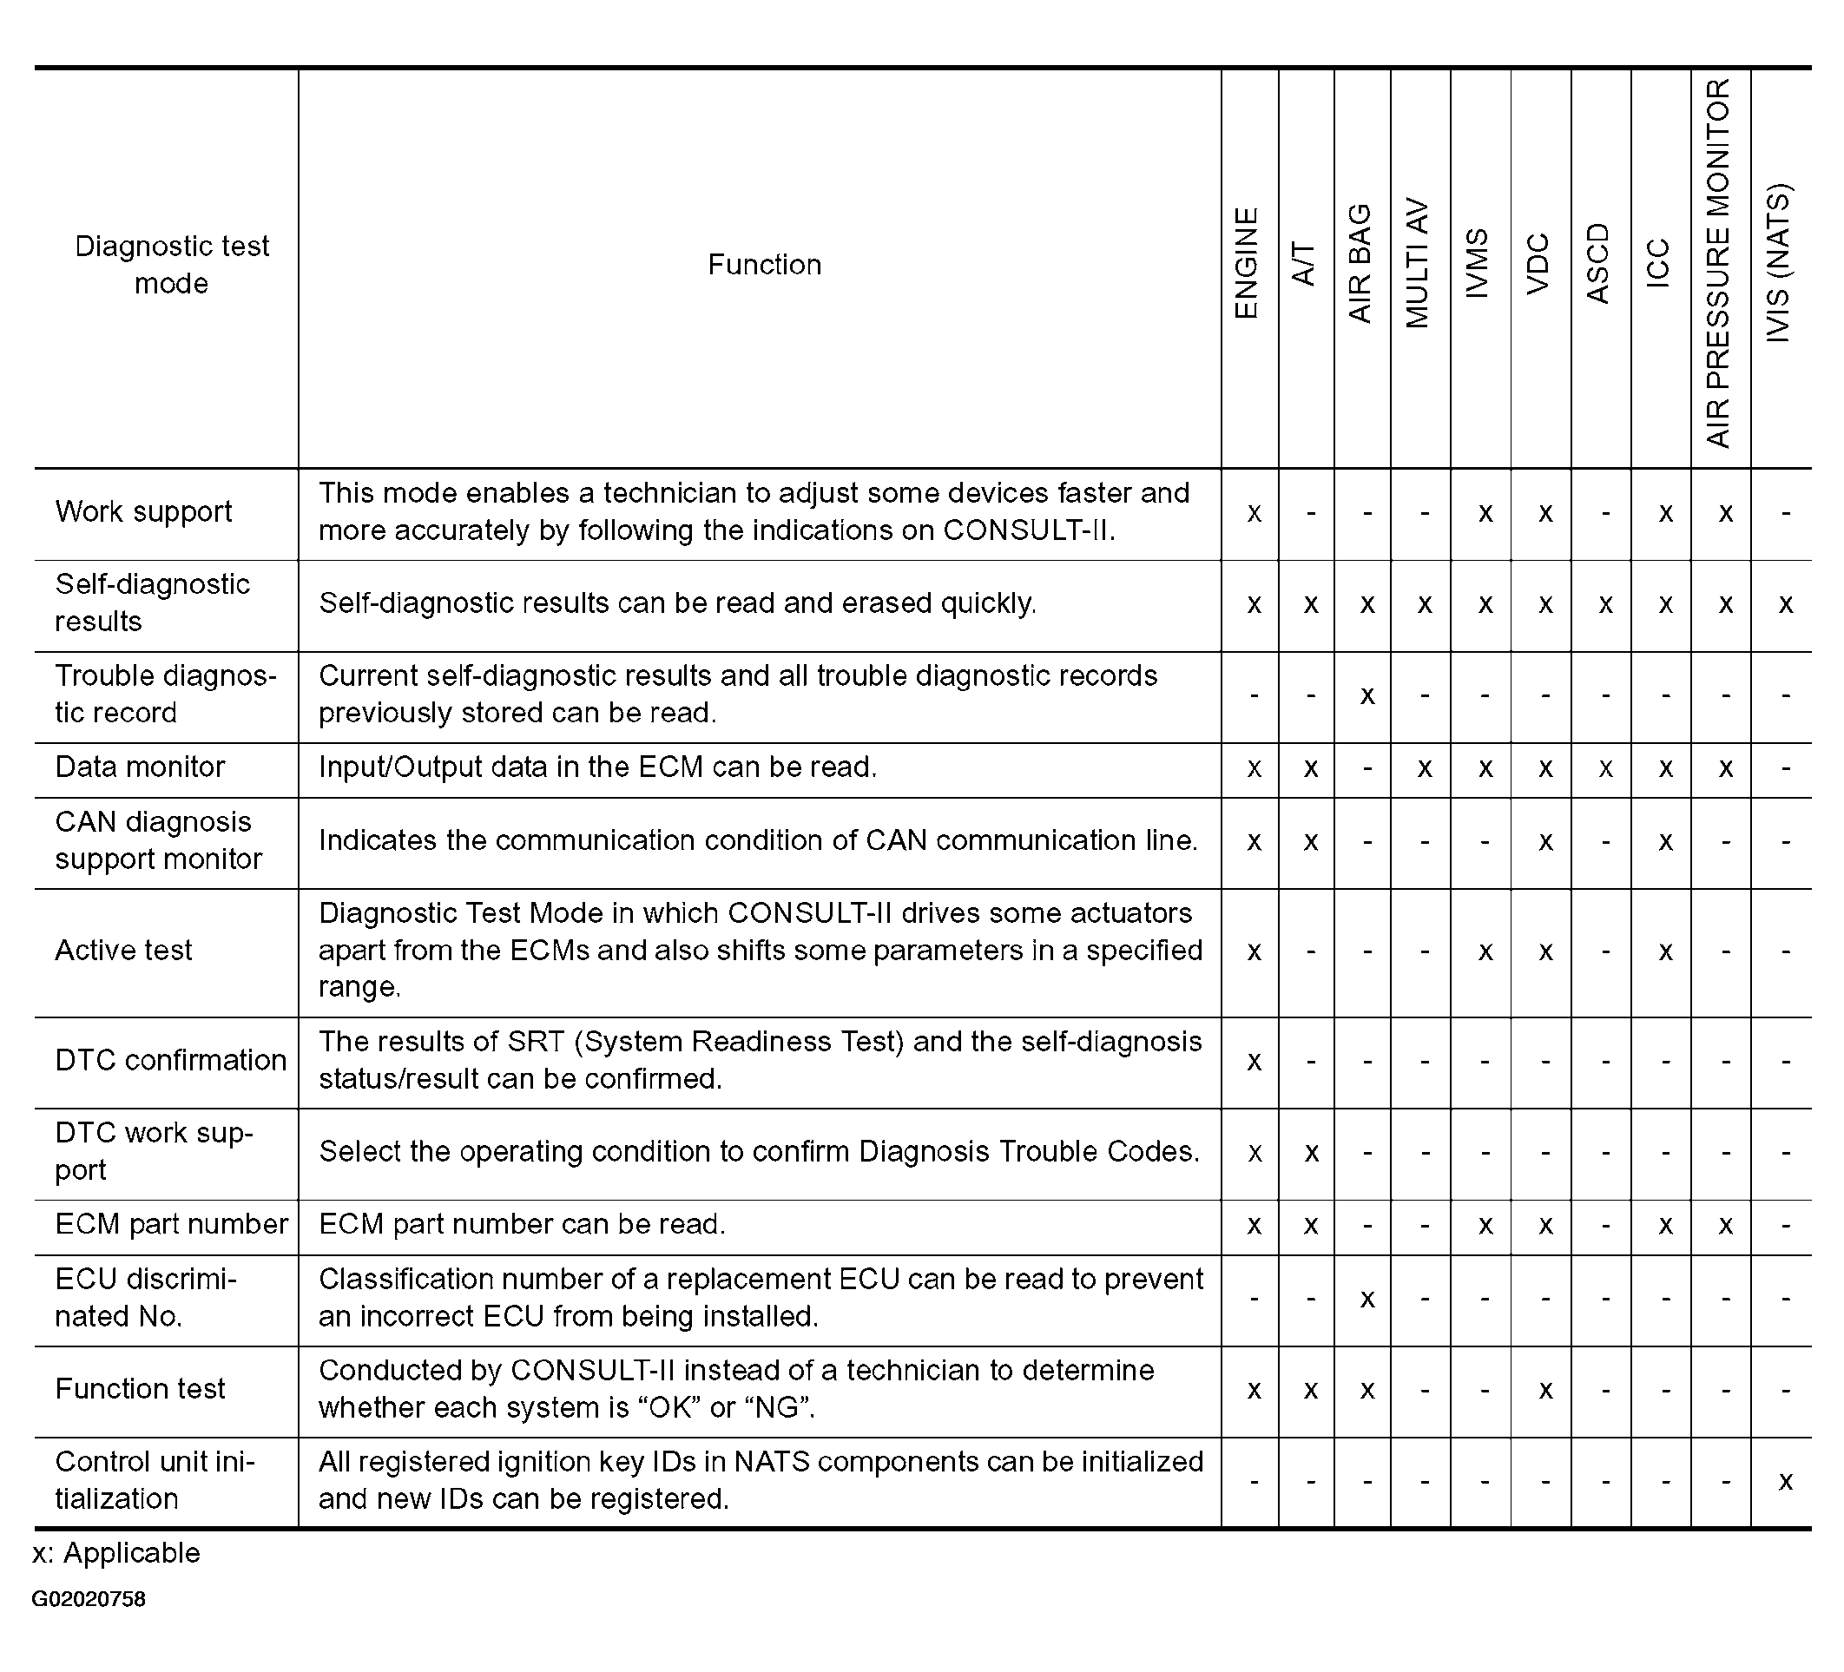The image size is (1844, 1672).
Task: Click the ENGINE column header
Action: [1247, 263]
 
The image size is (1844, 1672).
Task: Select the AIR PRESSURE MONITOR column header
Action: [1719, 263]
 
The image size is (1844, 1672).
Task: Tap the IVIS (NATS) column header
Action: [1779, 263]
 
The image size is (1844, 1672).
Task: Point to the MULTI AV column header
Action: [1417, 263]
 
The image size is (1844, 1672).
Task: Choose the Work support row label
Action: [143, 511]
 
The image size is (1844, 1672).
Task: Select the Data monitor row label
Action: [140, 767]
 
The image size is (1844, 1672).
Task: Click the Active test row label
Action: [123, 951]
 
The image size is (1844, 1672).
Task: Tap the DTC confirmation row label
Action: [171, 1060]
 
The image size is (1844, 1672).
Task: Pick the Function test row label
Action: [140, 1388]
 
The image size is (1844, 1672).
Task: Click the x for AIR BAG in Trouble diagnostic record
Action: [1367, 696]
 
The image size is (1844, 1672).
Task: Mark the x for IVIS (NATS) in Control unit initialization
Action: [1785, 1481]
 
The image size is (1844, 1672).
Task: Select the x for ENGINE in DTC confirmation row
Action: [1254, 1062]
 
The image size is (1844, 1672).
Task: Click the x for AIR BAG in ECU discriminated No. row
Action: [1367, 1299]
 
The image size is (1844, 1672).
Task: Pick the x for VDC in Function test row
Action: [1544, 1390]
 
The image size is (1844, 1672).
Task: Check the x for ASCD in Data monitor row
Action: [1605, 768]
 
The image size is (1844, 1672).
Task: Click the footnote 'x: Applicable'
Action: [116, 1553]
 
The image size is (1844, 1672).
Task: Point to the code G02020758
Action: [89, 1599]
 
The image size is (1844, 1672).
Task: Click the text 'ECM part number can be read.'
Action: [522, 1224]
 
